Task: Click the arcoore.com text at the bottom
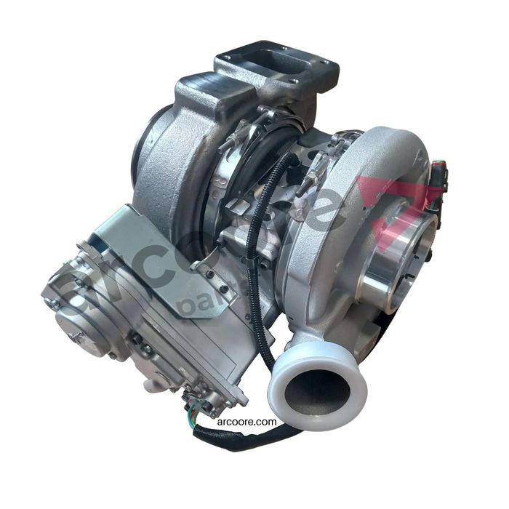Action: tap(245, 421)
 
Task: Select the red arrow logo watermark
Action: tap(407, 211)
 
